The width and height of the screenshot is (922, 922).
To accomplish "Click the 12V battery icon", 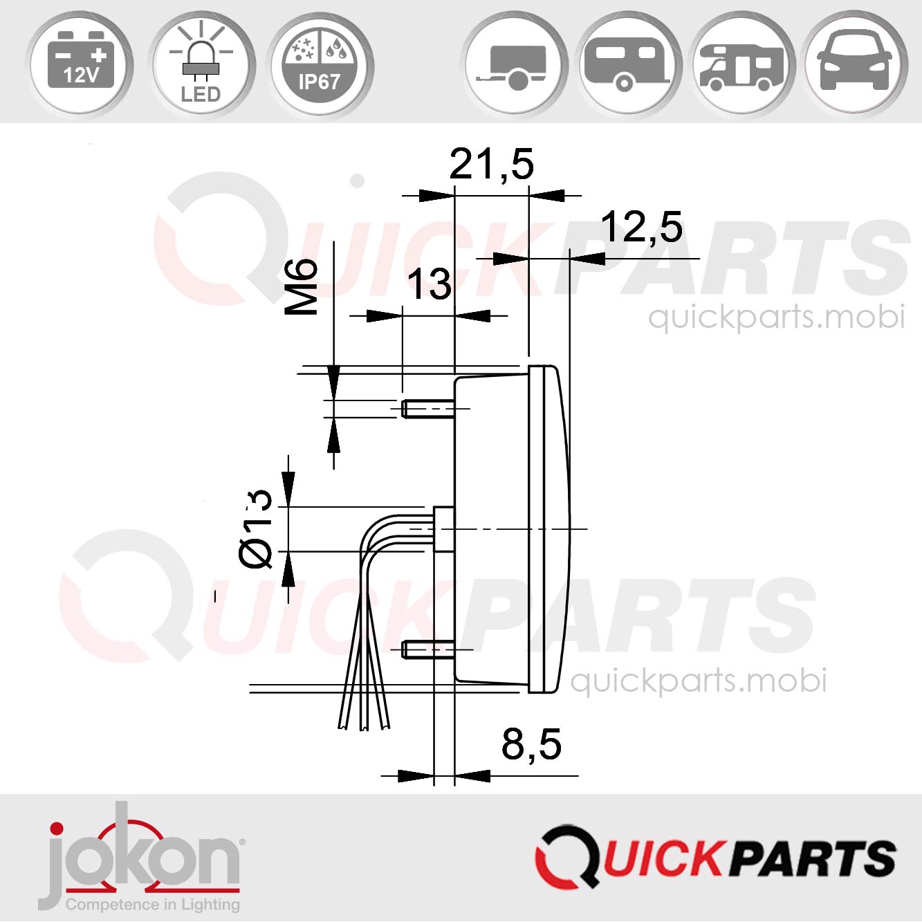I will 81,64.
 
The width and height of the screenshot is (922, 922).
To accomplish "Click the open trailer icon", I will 515,66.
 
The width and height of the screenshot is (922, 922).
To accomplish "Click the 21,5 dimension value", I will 492,165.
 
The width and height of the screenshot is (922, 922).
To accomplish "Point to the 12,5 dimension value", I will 641,227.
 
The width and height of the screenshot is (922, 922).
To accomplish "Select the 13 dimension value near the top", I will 429,284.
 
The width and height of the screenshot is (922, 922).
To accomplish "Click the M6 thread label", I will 302,286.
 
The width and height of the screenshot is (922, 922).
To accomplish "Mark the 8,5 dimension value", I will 531,744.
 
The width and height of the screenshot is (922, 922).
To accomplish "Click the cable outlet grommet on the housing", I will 443,529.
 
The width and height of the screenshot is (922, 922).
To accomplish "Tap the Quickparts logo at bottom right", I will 715,858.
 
